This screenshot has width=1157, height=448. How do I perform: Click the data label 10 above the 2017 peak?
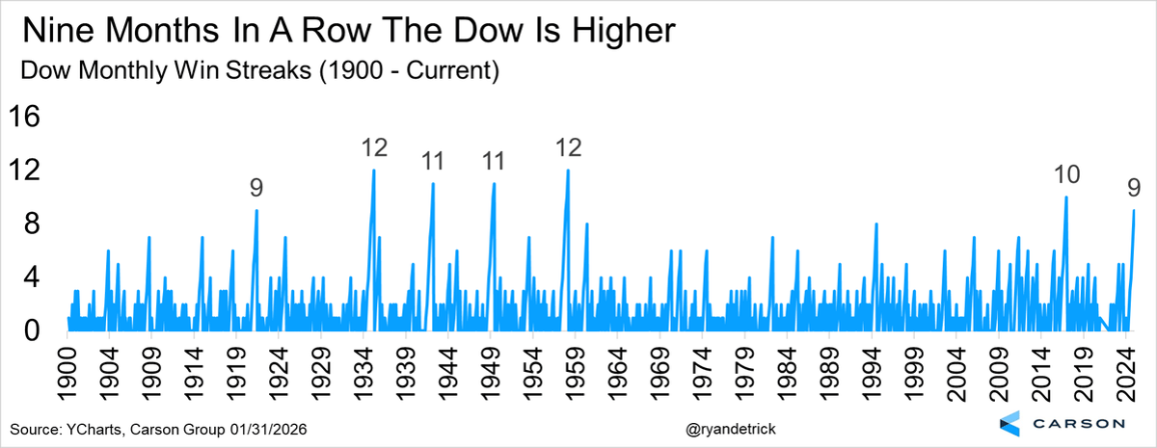[x=1066, y=174]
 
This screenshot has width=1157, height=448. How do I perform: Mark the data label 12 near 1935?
[x=374, y=148]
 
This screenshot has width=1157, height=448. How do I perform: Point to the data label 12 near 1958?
[x=568, y=148]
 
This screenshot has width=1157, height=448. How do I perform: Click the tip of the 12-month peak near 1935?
[x=373, y=171]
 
